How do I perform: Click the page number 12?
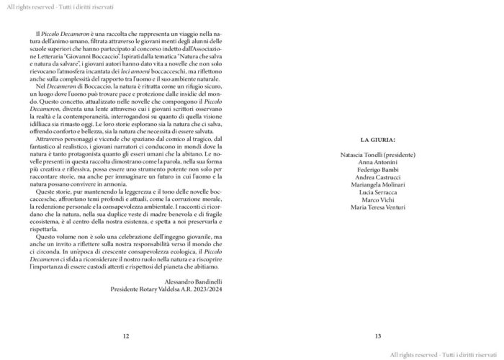pyautogui.click(x=126, y=336)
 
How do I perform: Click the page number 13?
pyautogui.click(x=377, y=336)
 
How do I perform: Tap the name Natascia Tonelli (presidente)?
pyautogui.click(x=377, y=155)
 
